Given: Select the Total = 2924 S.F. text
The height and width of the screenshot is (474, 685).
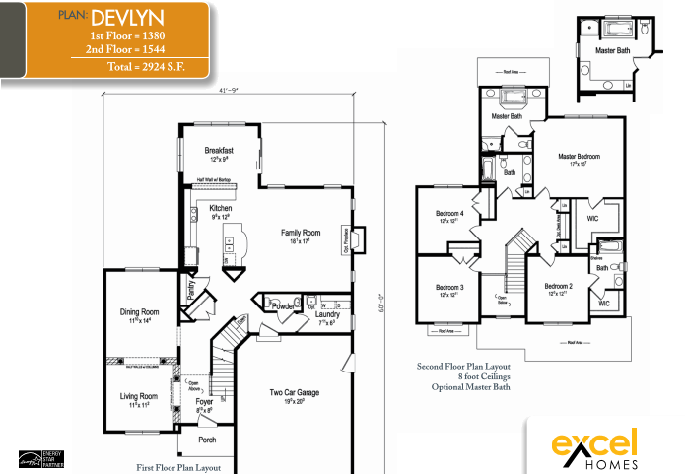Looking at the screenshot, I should tap(145, 67).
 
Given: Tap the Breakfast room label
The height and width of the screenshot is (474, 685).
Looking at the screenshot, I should tap(219, 150).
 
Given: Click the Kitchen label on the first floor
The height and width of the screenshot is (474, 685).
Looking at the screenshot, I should tap(220, 208).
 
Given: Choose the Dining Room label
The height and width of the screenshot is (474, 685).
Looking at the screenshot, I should tap(139, 312).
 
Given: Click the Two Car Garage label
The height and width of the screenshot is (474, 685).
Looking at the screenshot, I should tap(295, 392).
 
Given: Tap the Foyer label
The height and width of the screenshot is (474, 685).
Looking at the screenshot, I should tap(204, 402).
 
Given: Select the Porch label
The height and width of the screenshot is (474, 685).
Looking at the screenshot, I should tap(207, 440).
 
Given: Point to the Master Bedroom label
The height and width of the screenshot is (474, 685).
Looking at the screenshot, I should tap(579, 156).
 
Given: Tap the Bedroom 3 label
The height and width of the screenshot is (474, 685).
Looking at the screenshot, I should tap(449, 287).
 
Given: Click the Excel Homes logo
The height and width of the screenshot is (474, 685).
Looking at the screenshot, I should tap(594, 446).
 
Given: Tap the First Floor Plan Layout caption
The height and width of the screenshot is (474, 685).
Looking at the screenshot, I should tap(180, 467).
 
